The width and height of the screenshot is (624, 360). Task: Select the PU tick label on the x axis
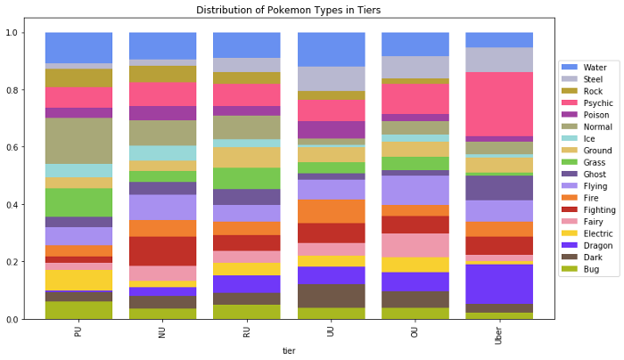tap(78, 333)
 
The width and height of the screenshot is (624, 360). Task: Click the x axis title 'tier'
tap(288, 351)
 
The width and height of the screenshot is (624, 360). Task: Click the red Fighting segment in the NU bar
tap(162, 250)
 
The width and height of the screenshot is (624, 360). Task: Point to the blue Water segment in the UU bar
tap(331, 50)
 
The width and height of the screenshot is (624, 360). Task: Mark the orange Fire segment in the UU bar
tap(331, 211)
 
